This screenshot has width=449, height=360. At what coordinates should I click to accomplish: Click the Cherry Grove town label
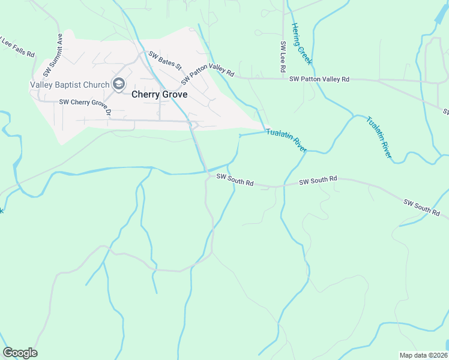click(159, 95)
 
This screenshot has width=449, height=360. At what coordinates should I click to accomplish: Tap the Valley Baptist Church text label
click(70, 85)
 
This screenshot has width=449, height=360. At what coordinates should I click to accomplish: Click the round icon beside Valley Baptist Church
click(119, 84)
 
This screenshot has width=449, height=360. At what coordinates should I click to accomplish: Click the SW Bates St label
click(165, 61)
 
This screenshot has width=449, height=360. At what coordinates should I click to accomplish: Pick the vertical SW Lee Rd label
click(282, 58)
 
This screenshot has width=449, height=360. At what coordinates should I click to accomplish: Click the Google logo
click(20, 353)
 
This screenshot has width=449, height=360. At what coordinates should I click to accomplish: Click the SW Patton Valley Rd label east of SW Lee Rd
click(319, 79)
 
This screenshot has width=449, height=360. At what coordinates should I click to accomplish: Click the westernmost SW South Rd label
click(235, 179)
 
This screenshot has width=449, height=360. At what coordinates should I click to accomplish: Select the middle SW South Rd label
click(318, 180)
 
